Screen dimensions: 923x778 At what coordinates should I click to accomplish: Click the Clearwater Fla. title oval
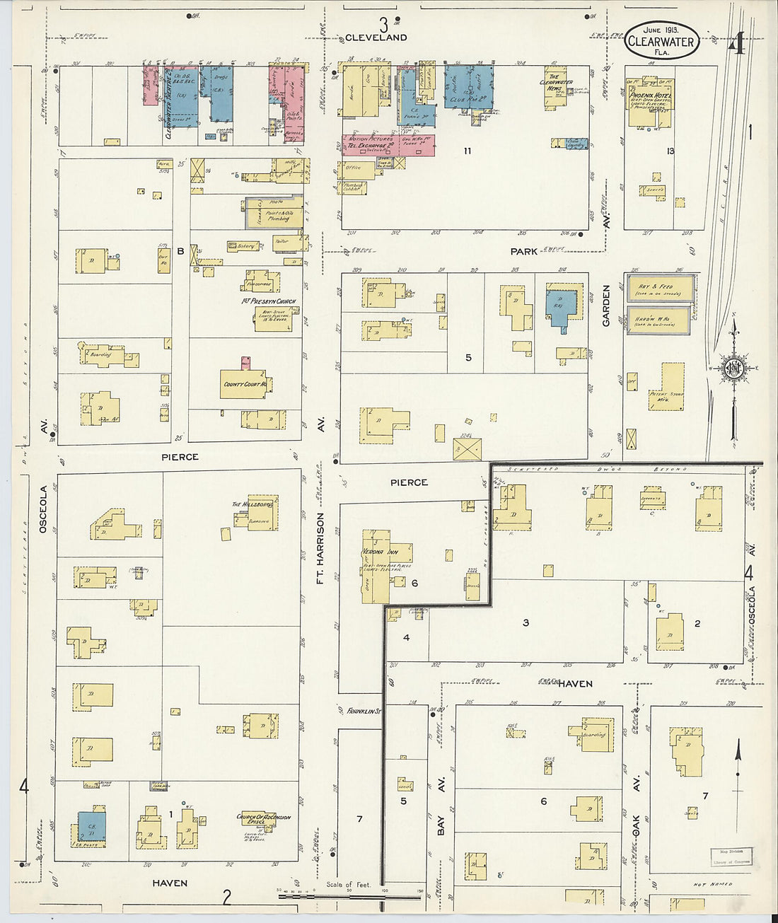[x=661, y=41]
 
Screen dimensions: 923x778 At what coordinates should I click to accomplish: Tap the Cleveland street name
[x=376, y=37]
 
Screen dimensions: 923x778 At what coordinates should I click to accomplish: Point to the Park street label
[x=524, y=251]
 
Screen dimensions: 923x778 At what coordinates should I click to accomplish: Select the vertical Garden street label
[x=606, y=306]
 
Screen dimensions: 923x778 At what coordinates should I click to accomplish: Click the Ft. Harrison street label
[x=320, y=548]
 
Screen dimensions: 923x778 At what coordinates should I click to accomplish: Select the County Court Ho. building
[x=245, y=384]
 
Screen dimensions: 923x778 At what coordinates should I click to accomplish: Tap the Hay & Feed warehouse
[x=658, y=288]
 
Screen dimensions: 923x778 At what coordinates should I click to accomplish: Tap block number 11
[x=468, y=151]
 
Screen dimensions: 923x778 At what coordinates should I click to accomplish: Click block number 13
[x=670, y=151]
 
